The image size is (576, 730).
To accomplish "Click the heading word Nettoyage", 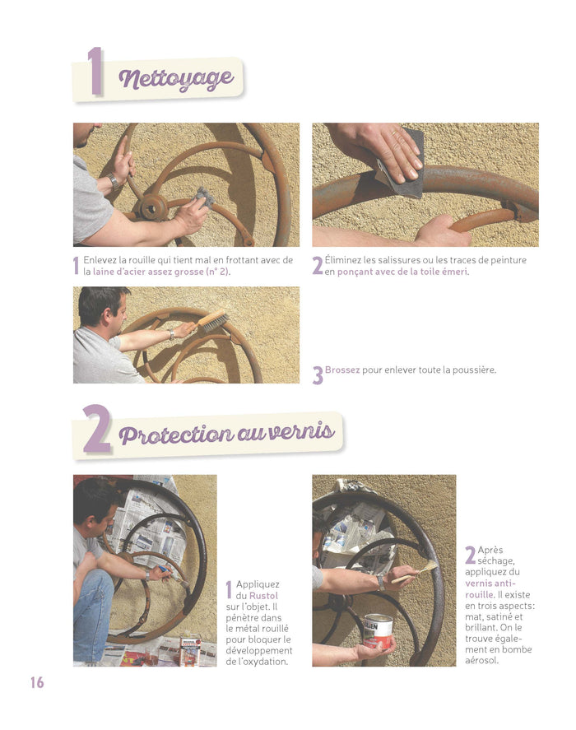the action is click(176, 79).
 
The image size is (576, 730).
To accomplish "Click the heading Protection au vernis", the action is click(227, 433).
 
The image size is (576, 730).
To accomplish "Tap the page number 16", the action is click(37, 682).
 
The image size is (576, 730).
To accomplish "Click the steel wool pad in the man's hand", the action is click(205, 197).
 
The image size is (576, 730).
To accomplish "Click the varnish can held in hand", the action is click(378, 632).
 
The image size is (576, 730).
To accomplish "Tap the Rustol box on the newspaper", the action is click(191, 651).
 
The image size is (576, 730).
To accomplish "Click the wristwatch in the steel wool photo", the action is click(114, 181).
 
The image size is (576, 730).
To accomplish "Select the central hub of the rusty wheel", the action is click(151, 208).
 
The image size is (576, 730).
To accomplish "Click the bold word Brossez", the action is click(342, 370).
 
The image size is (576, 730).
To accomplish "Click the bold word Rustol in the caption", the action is click(263, 596).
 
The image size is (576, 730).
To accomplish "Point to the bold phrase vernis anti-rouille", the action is click(490, 589).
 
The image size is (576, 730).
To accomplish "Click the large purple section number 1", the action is click(95, 71).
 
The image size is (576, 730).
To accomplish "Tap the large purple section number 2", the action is click(97, 429).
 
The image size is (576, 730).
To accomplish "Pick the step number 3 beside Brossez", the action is click(318, 375).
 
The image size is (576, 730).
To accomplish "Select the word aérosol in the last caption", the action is click(481, 660).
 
